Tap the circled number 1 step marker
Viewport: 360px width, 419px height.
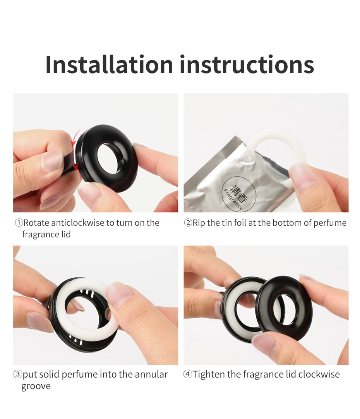point(19,223)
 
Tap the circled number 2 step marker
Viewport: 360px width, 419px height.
point(188,223)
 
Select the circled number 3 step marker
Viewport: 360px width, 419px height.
point(18,374)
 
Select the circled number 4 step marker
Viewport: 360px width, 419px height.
point(187,374)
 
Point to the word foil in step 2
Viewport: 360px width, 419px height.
point(240,223)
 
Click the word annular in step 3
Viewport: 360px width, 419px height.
point(151,374)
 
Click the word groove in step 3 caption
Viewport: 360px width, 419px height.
point(36,386)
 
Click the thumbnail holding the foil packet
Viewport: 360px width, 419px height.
point(303,176)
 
